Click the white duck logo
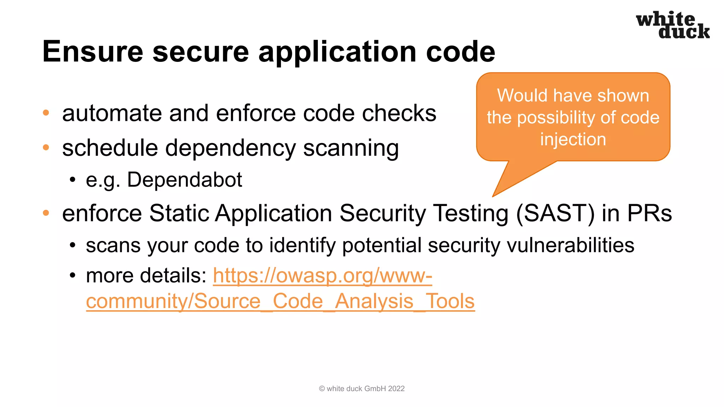point(672,25)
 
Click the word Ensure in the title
point(93,52)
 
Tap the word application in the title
point(338,52)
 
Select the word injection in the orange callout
point(573,139)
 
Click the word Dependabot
point(184,179)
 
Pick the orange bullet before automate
point(46,113)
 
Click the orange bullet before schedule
point(46,147)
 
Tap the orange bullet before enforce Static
point(46,213)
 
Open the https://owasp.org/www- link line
point(322,276)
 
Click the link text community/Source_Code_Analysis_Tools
point(280,301)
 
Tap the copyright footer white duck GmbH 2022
point(362,389)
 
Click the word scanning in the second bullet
point(351,148)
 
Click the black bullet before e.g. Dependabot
point(73,180)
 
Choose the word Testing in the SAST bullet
point(471,213)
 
